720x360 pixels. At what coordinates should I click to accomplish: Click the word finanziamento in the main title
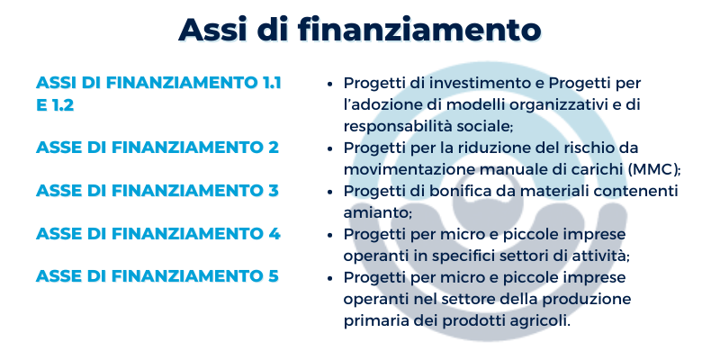[419, 30]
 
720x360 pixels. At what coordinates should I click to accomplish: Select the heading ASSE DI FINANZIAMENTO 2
[157, 148]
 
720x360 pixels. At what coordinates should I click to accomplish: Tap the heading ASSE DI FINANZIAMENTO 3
[157, 191]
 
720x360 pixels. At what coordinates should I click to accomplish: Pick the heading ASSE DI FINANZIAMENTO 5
[157, 276]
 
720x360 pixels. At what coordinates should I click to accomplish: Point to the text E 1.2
[55, 105]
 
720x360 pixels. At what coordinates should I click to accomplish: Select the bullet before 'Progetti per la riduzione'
[329, 148]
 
